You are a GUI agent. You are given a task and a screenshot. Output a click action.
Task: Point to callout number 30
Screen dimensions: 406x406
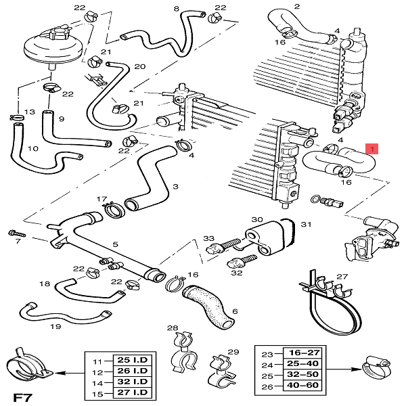click(257, 220)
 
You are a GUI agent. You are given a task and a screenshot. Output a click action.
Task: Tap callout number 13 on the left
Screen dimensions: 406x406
click(10, 112)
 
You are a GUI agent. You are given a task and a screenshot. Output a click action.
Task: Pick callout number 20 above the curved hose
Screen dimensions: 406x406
click(140, 66)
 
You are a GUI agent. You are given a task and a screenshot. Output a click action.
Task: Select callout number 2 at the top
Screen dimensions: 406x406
click(296, 7)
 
